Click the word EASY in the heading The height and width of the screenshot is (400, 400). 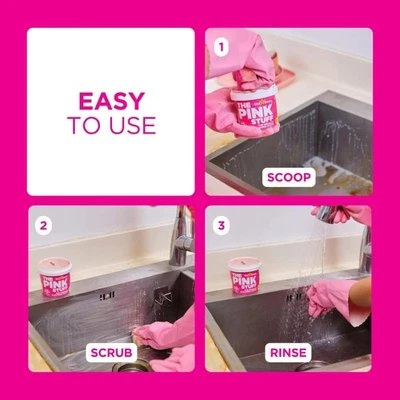(x=111, y=101)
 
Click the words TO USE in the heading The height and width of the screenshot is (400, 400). (x=111, y=126)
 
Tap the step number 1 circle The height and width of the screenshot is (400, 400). (x=221, y=48)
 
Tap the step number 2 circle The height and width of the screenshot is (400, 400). (x=44, y=226)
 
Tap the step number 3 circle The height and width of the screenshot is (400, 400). (x=221, y=226)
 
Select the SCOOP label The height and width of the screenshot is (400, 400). (x=289, y=177)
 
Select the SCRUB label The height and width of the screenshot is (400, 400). (x=111, y=353)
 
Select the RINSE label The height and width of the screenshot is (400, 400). (x=288, y=353)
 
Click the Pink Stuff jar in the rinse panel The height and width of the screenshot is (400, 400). (x=245, y=277)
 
